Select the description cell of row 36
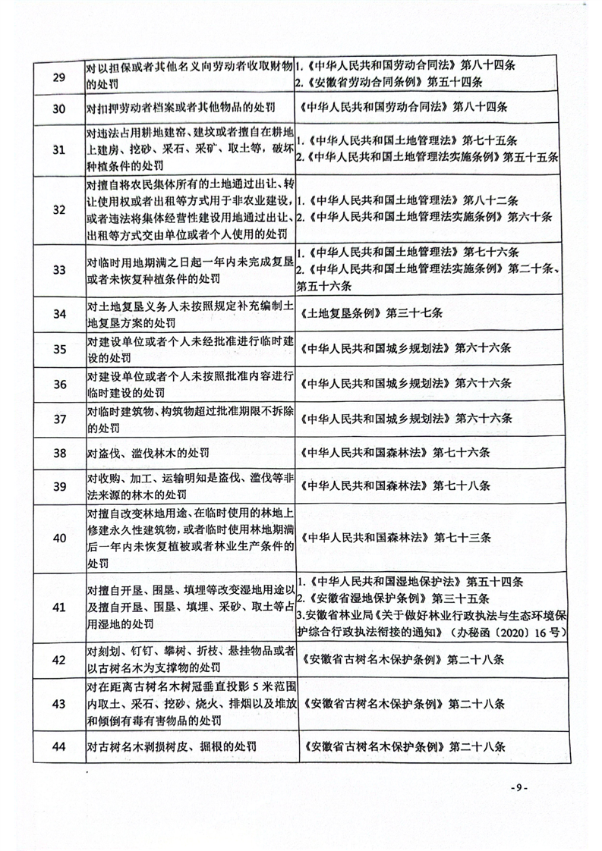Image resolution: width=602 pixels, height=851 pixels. pos(188,385)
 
